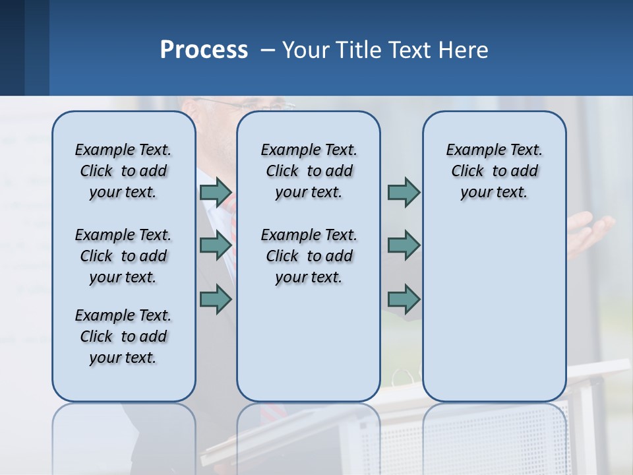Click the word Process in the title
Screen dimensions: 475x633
204,50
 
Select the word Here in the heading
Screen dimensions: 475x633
465,50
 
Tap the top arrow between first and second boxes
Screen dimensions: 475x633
216,193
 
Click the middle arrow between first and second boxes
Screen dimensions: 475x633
216,245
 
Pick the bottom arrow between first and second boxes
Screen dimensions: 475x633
216,300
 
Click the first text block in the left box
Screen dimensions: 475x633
123,171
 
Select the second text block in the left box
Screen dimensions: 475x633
123,256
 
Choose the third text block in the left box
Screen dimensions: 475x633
123,336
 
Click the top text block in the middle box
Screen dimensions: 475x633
309,171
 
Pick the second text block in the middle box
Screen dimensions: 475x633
309,256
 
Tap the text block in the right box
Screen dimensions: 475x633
494,171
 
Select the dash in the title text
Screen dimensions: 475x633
268,50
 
